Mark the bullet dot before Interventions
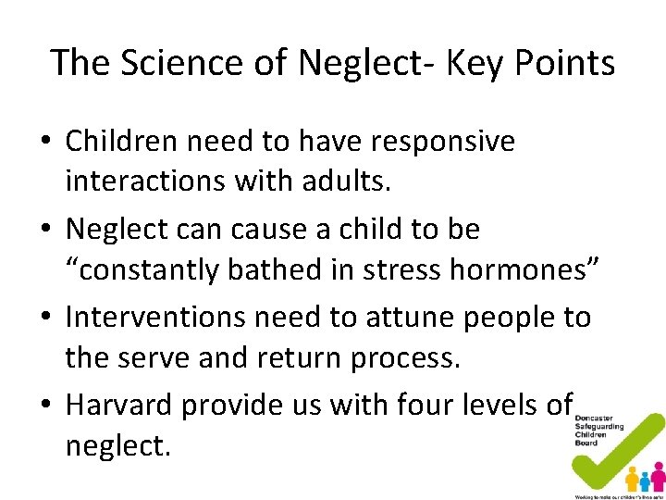pos(44,319)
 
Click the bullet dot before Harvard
pos(44,406)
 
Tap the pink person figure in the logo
pos(658,478)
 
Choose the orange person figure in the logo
pos(632,480)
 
